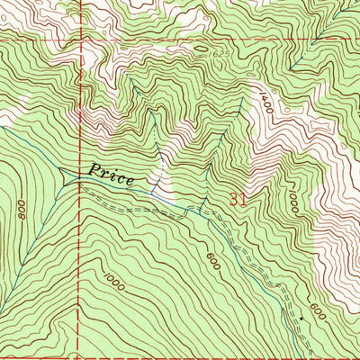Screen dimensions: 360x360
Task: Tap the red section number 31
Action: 238,199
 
